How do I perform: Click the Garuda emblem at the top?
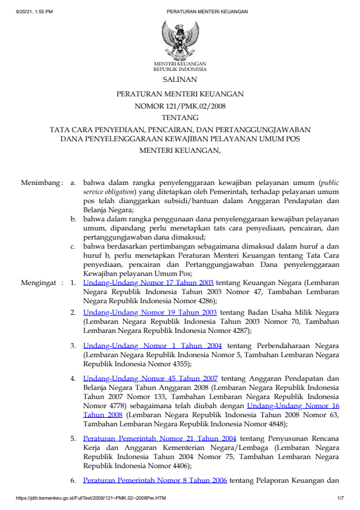[179, 39]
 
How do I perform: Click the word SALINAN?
[179, 79]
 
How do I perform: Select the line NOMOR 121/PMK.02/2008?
[179, 106]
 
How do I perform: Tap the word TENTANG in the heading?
[179, 117]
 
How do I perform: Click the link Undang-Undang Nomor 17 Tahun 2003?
[148, 283]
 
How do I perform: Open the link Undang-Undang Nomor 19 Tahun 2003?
[150, 312]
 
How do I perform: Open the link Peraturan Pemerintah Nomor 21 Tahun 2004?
[159, 437]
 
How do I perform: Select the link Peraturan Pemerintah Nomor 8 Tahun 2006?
[155, 480]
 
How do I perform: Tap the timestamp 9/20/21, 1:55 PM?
[35, 12]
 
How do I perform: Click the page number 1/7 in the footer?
[340, 498]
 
